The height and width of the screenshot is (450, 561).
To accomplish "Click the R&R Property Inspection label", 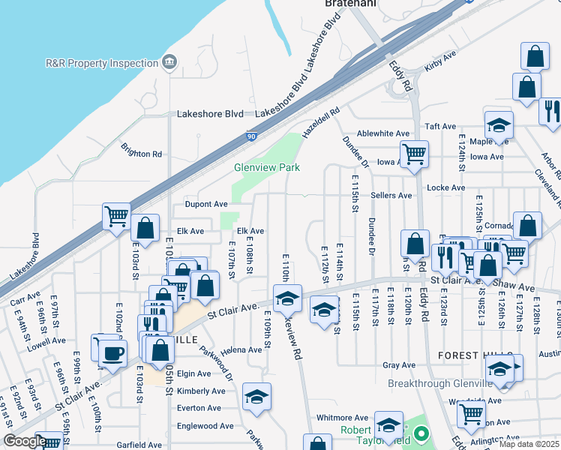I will [101, 63].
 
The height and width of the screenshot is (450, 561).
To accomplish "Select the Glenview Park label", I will [267, 167].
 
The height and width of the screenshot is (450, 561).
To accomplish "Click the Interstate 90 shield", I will [249, 136].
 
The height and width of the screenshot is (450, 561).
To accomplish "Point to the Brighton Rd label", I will [142, 154].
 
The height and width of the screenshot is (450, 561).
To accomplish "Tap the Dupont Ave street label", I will [206, 204].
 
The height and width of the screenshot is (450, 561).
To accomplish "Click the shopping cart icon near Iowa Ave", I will [414, 154].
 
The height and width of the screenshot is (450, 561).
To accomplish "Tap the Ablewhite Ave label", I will [383, 133].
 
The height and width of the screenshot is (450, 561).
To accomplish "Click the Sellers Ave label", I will [391, 195].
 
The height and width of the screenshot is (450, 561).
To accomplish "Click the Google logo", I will [25, 441].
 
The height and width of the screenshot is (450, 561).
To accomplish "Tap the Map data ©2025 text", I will [528, 444].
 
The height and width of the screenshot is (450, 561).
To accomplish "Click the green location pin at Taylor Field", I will [421, 433].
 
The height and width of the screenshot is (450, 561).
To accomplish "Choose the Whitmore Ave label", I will [342, 418].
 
